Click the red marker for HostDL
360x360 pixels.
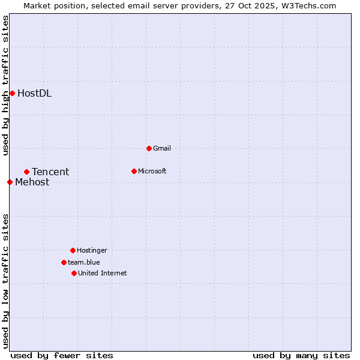tap(12, 93)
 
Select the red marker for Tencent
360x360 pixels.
tap(26, 172)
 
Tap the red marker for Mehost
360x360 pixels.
tap(10, 182)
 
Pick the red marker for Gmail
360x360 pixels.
tap(149, 148)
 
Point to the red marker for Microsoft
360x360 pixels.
tap(134, 171)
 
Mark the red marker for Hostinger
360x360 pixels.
tap(73, 250)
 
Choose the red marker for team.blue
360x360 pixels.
tap(64, 262)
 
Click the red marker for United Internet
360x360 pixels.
tap(74, 273)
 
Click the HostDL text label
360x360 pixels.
tap(34, 93)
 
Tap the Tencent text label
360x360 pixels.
tap(50, 172)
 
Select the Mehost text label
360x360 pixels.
tap(32, 182)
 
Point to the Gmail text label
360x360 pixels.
tap(162, 148)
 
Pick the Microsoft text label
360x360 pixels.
tap(152, 171)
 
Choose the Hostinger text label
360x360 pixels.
tap(92, 250)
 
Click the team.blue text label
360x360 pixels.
tap(84, 262)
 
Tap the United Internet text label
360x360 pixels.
tap(103, 273)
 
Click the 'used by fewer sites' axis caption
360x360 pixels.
tap(62, 355)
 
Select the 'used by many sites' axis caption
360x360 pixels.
tap(301, 355)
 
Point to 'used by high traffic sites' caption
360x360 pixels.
tap(5, 85)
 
